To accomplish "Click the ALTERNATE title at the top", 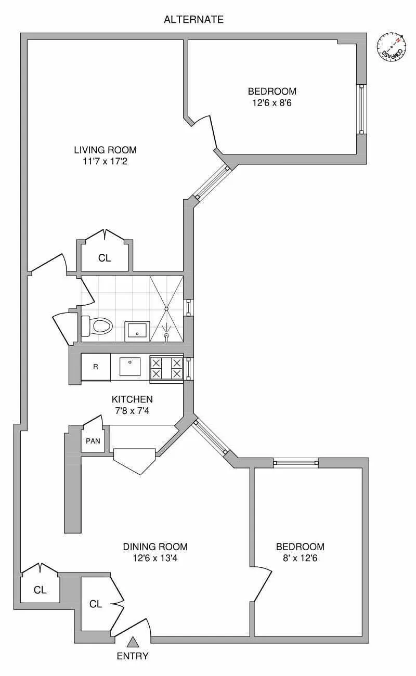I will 193,20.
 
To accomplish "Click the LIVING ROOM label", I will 105,150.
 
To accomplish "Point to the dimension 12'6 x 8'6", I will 272,103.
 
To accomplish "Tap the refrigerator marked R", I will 96,366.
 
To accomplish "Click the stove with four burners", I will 166,368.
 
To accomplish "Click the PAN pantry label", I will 93,441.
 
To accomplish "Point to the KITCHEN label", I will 132,399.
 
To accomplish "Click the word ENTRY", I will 133,656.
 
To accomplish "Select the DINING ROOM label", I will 155,547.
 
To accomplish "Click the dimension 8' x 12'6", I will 300,558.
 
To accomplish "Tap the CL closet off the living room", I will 105,258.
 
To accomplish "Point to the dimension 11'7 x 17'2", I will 105,162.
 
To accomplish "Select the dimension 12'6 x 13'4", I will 155,558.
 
